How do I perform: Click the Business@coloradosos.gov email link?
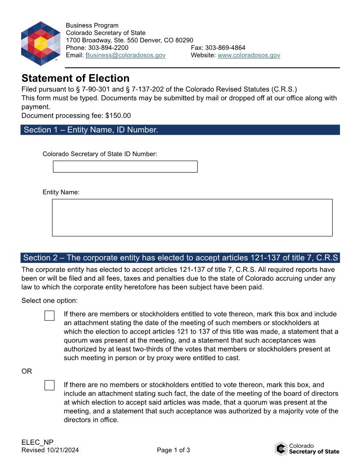pos(125,55)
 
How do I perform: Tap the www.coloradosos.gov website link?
pos(249,55)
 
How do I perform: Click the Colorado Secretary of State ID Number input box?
pos(125,166)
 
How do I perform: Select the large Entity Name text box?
pos(192,218)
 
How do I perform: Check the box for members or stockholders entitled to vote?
pos(49,316)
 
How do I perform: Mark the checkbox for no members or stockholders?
pos(49,385)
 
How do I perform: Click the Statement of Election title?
pos(75,78)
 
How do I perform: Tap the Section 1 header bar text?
pos(90,130)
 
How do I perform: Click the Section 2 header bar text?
pos(180,258)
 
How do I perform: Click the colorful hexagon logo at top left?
pos(41,43)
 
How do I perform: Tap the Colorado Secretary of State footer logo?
pos(307,449)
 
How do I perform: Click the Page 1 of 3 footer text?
pos(173,450)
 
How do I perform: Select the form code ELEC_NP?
pos(37,443)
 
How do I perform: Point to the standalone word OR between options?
pos(27,371)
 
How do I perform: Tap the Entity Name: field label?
pos(61,192)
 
